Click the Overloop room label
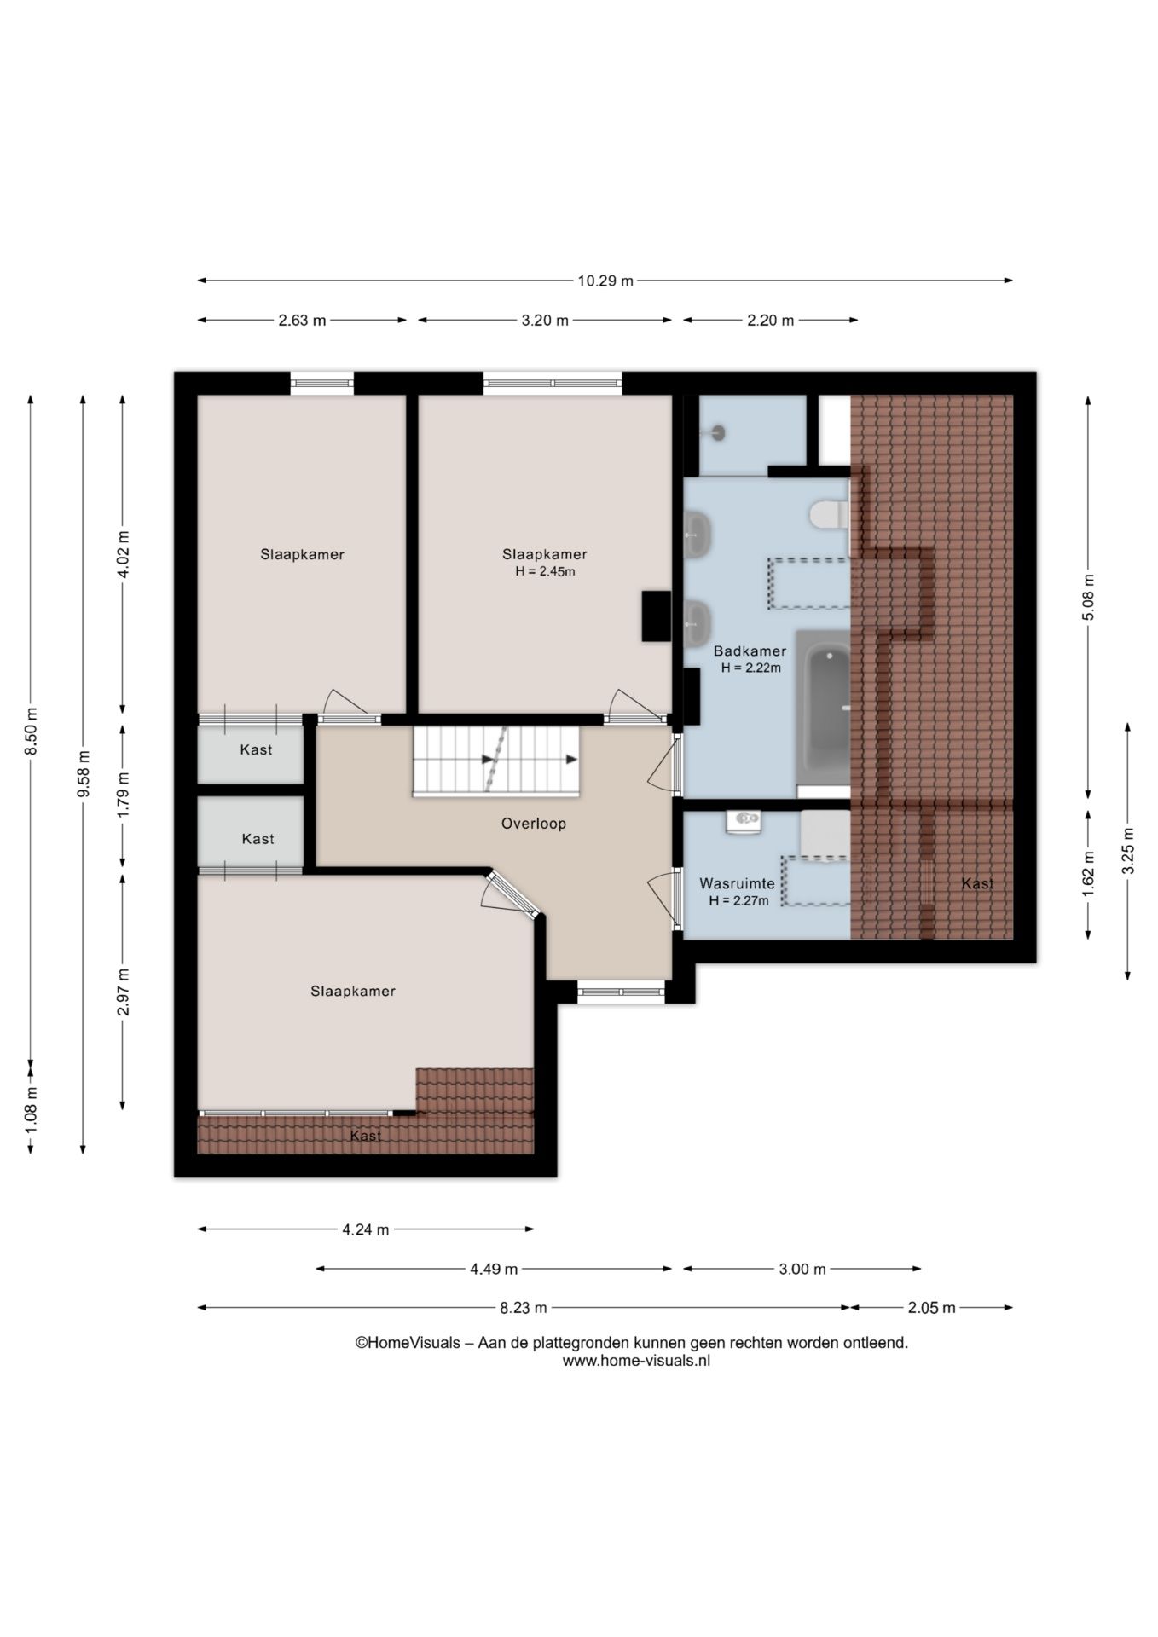point(533,824)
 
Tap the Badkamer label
point(750,651)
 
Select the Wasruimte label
point(737,884)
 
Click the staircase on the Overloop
point(495,761)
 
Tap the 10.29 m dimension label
point(605,281)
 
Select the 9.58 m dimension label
point(83,775)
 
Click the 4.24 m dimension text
point(366,1229)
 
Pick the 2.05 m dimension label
point(932,1308)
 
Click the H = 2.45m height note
point(545,571)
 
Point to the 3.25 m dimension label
point(1128,851)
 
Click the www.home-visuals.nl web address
point(636,1361)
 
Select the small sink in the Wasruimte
point(744,821)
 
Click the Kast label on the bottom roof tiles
point(366,1136)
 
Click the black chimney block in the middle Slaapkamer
point(657,616)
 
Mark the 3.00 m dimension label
point(802,1269)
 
